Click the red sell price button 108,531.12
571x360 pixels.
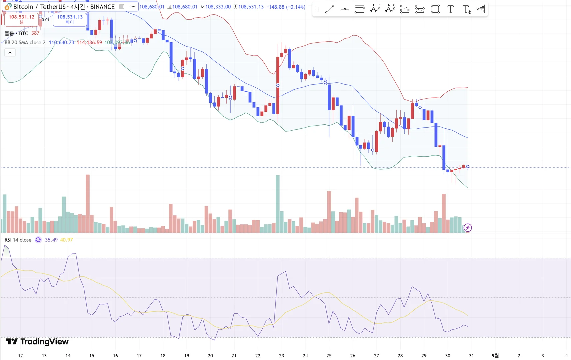(21, 19)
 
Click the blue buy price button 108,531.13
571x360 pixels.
(70, 19)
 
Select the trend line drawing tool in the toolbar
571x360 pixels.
(329, 9)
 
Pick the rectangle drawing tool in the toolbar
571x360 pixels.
(435, 9)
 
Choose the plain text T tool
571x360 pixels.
(450, 9)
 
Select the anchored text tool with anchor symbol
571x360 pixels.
(466, 9)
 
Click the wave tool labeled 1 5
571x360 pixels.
(375, 9)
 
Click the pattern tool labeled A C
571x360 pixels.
(390, 9)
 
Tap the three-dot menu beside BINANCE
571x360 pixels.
(133, 6)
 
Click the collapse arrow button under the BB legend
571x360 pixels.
(10, 53)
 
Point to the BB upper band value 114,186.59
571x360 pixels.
(89, 42)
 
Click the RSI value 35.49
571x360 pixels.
(51, 240)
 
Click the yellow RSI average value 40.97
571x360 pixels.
(66, 240)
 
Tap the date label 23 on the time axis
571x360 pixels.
(281, 356)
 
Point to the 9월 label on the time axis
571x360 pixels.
(495, 356)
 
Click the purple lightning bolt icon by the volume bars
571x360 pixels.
(468, 228)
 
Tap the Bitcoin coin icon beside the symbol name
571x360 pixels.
(7, 7)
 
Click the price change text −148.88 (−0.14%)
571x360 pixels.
(286, 7)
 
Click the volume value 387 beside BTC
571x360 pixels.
(35, 33)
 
